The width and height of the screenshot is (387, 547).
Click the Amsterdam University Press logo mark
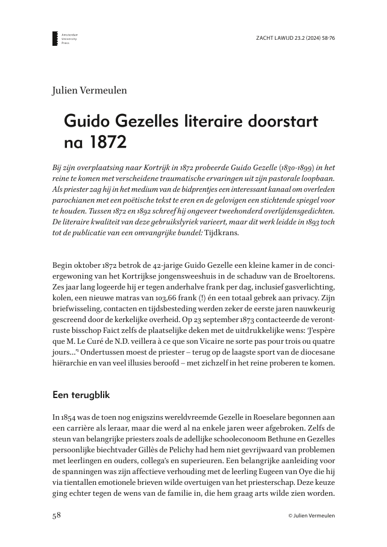click(x=55, y=39)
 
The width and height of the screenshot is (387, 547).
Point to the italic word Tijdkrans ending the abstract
click(x=221, y=235)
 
